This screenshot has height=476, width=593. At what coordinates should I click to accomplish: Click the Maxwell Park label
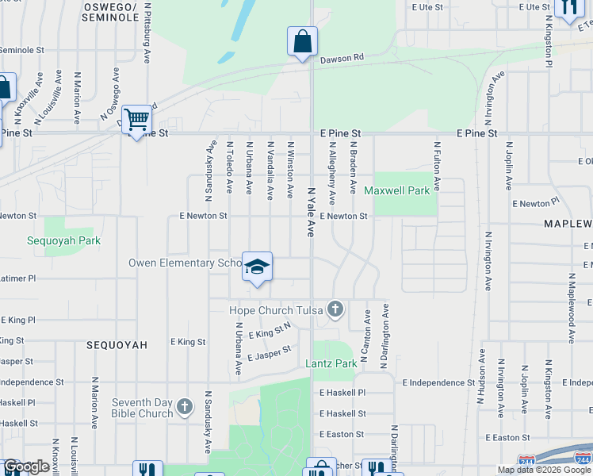pos(396,190)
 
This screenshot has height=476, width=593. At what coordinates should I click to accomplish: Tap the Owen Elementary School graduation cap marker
pos(257,267)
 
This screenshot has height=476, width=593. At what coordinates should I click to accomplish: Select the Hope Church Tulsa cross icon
pos(335,309)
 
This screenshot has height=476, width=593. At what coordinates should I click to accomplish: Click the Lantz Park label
pos(331,363)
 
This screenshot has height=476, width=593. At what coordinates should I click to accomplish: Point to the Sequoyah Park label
pos(63,240)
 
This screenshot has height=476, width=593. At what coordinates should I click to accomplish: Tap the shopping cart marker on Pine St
pos(137,120)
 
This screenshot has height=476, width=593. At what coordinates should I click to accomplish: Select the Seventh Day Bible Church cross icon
pos(185,408)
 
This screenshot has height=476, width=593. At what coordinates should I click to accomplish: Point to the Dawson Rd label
pos(342,58)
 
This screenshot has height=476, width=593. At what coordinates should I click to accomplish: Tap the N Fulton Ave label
pos(437,166)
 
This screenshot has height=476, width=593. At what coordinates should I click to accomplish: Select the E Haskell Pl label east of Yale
pos(342,393)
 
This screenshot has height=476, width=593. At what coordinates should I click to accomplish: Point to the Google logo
pos(26,466)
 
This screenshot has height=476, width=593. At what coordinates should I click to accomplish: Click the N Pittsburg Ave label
pos(148,31)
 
